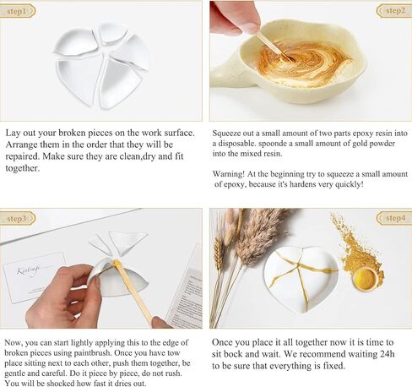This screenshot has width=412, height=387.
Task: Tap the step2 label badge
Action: coord(393,11)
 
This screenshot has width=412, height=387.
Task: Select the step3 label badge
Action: coord(19,218)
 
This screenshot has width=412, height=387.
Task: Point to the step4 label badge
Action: coord(393,218)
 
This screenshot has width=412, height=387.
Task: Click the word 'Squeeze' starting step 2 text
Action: coord(234,134)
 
